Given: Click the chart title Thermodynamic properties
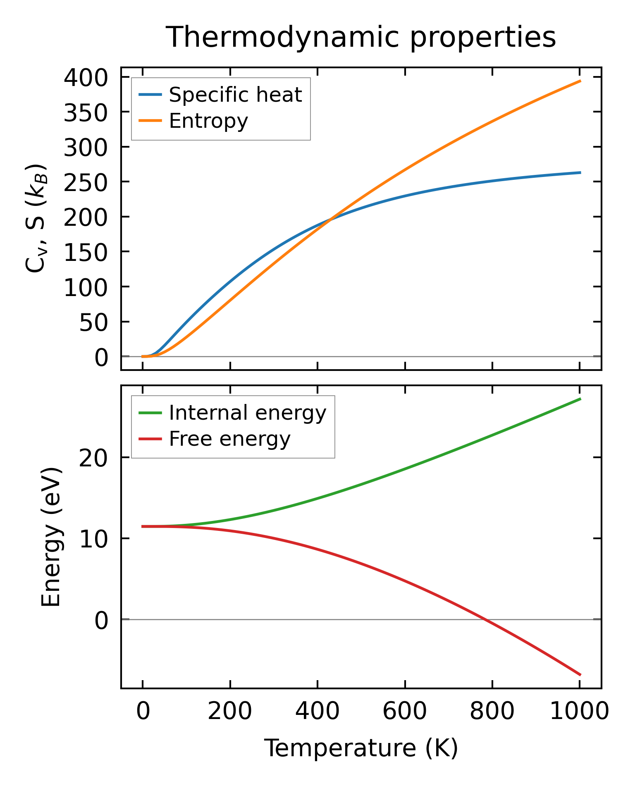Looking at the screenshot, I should tap(360, 37).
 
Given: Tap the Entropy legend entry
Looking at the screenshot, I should tap(208, 121).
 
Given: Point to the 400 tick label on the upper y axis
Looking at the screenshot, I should tap(86, 77).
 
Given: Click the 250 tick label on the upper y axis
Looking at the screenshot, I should tap(86, 182).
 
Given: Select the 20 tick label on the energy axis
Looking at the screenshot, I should tap(93, 458).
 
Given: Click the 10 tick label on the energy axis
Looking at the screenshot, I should tap(93, 539).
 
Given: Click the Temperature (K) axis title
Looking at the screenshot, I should tap(361, 748).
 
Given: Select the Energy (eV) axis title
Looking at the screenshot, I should tap(51, 537).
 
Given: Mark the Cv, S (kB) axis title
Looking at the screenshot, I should tap(36, 219).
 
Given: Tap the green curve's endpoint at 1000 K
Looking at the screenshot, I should tap(580, 399).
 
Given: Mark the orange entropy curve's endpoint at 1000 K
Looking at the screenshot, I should tap(580, 81).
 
